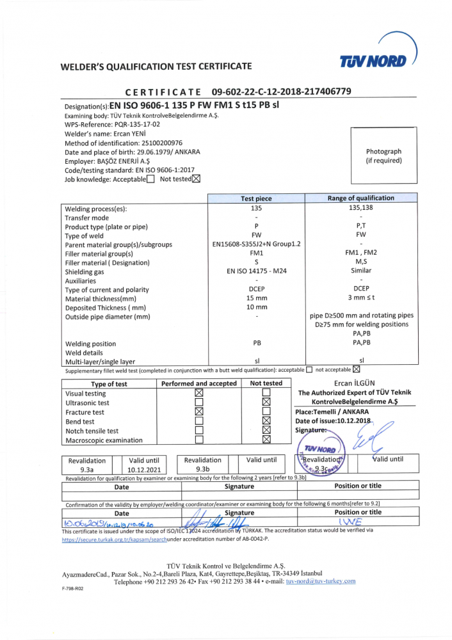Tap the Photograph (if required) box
[x=383, y=156]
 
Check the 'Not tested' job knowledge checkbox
[x=197, y=179]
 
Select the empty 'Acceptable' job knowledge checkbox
[x=150, y=179]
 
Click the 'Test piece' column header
[x=256, y=198]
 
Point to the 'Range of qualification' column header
[x=361, y=198]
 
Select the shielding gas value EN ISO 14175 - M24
[x=256, y=271]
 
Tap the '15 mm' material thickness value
[x=256, y=298]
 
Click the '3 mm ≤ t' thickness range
[x=361, y=298]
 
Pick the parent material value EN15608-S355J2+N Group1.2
[x=256, y=244]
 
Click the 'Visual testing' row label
[x=86, y=394]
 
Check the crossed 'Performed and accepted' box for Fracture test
[x=198, y=412]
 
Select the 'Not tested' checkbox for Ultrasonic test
[x=266, y=403]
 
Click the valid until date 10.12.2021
[x=145, y=469]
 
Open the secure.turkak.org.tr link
[x=114, y=540]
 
